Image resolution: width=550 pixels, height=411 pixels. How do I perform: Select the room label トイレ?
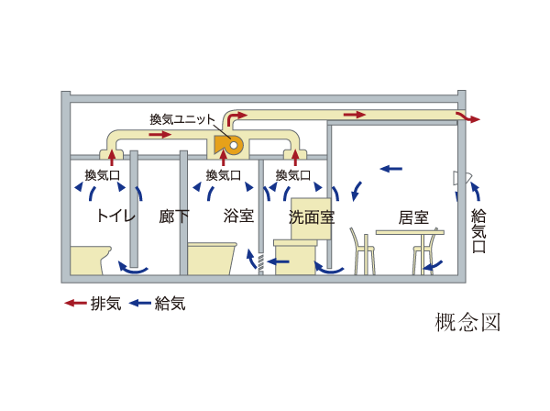click(116, 217)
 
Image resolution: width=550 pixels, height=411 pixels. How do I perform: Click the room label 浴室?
click(238, 217)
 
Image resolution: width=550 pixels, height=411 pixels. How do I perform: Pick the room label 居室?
click(413, 217)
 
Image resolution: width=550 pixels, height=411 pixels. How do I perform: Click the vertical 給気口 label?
click(478, 233)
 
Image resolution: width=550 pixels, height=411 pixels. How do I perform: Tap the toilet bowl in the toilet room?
click(92, 260)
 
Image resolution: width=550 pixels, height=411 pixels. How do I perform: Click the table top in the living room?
click(409, 232)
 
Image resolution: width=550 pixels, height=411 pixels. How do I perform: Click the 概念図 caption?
click(467, 323)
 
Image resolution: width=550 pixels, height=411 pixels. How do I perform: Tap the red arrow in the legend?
click(75, 303)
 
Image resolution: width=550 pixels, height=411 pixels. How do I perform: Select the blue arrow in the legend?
click(140, 303)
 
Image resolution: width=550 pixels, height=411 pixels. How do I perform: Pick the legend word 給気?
click(170, 303)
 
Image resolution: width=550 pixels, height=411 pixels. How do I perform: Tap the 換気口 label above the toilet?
click(102, 174)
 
